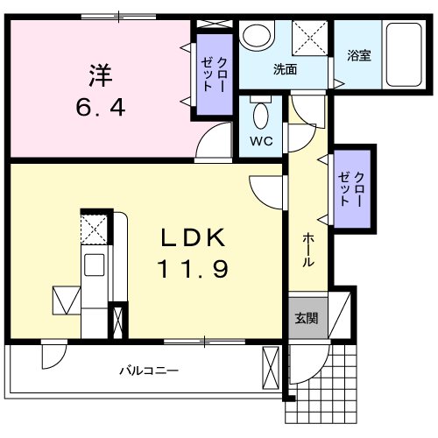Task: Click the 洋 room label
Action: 100,75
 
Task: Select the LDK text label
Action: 194,237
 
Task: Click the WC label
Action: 260,138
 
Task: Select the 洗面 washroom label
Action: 285,68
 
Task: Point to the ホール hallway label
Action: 308,250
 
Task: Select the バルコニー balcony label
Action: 149,371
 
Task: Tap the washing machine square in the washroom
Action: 308,38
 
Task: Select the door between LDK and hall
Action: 266,188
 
